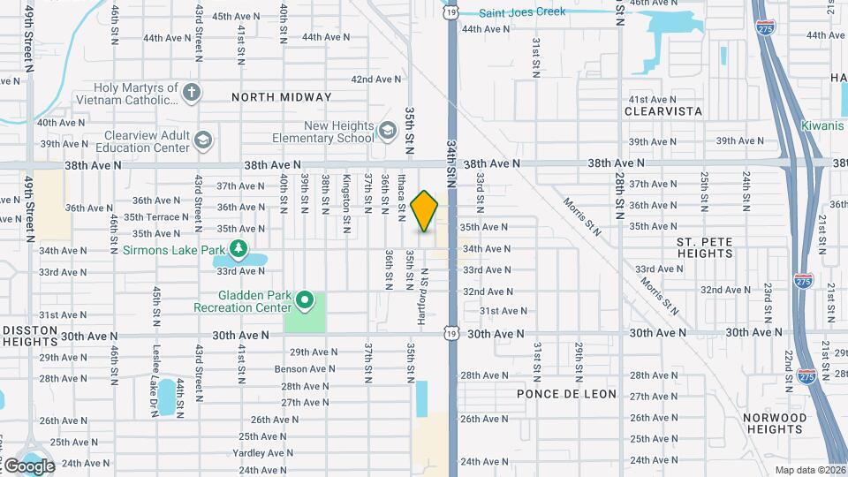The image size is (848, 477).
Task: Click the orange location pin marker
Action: [x=425, y=210]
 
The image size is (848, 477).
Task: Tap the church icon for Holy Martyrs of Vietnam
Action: [x=192, y=92]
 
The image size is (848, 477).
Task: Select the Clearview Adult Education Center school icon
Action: [x=203, y=140]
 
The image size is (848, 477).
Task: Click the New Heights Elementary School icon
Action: [x=386, y=132]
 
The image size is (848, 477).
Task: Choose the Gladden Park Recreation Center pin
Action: [x=305, y=301]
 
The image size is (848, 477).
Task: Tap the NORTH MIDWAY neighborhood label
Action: [x=282, y=97]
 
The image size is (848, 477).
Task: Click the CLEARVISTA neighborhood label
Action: [x=662, y=111]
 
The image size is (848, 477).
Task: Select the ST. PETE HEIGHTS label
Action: [x=704, y=247]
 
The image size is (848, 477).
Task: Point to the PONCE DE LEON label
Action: [x=564, y=394]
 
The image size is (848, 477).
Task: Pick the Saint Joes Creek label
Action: [x=521, y=12]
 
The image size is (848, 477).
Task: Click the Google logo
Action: [x=28, y=466]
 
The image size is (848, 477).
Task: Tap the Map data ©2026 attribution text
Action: [x=809, y=470]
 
